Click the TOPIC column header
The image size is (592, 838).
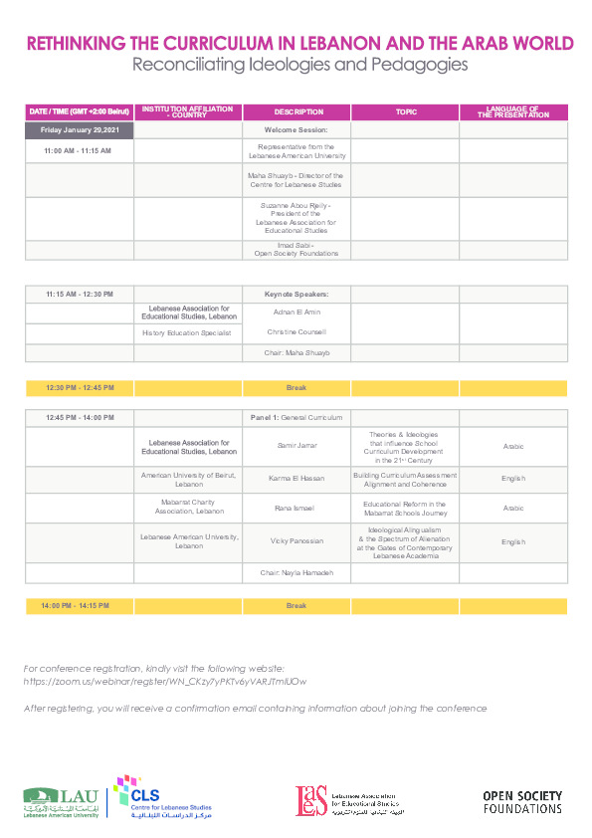pyautogui.click(x=405, y=112)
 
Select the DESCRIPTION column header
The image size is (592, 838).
pyautogui.click(x=296, y=112)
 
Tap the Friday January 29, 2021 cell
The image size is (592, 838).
pyautogui.click(x=79, y=130)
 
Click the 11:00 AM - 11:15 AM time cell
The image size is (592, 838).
pyautogui.click(x=79, y=151)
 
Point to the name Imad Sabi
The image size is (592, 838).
pyautogui.click(x=296, y=245)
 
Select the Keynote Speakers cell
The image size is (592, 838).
pyautogui.click(x=296, y=295)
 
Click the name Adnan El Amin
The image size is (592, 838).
pyautogui.click(x=296, y=313)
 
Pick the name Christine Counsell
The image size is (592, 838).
pyautogui.click(x=296, y=331)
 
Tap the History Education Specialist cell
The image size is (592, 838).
pyautogui.click(x=188, y=332)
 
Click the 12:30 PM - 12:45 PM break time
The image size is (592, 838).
pyautogui.click(x=79, y=387)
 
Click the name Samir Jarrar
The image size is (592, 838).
pyautogui.click(x=296, y=445)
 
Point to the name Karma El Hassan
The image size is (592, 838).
pyautogui.click(x=296, y=479)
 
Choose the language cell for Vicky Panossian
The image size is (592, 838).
pyautogui.click(x=513, y=542)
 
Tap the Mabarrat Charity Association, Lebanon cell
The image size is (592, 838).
pyautogui.click(x=188, y=507)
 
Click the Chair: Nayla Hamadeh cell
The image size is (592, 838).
pyautogui.click(x=296, y=573)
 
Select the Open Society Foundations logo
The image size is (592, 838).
pyautogui.click(x=522, y=802)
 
